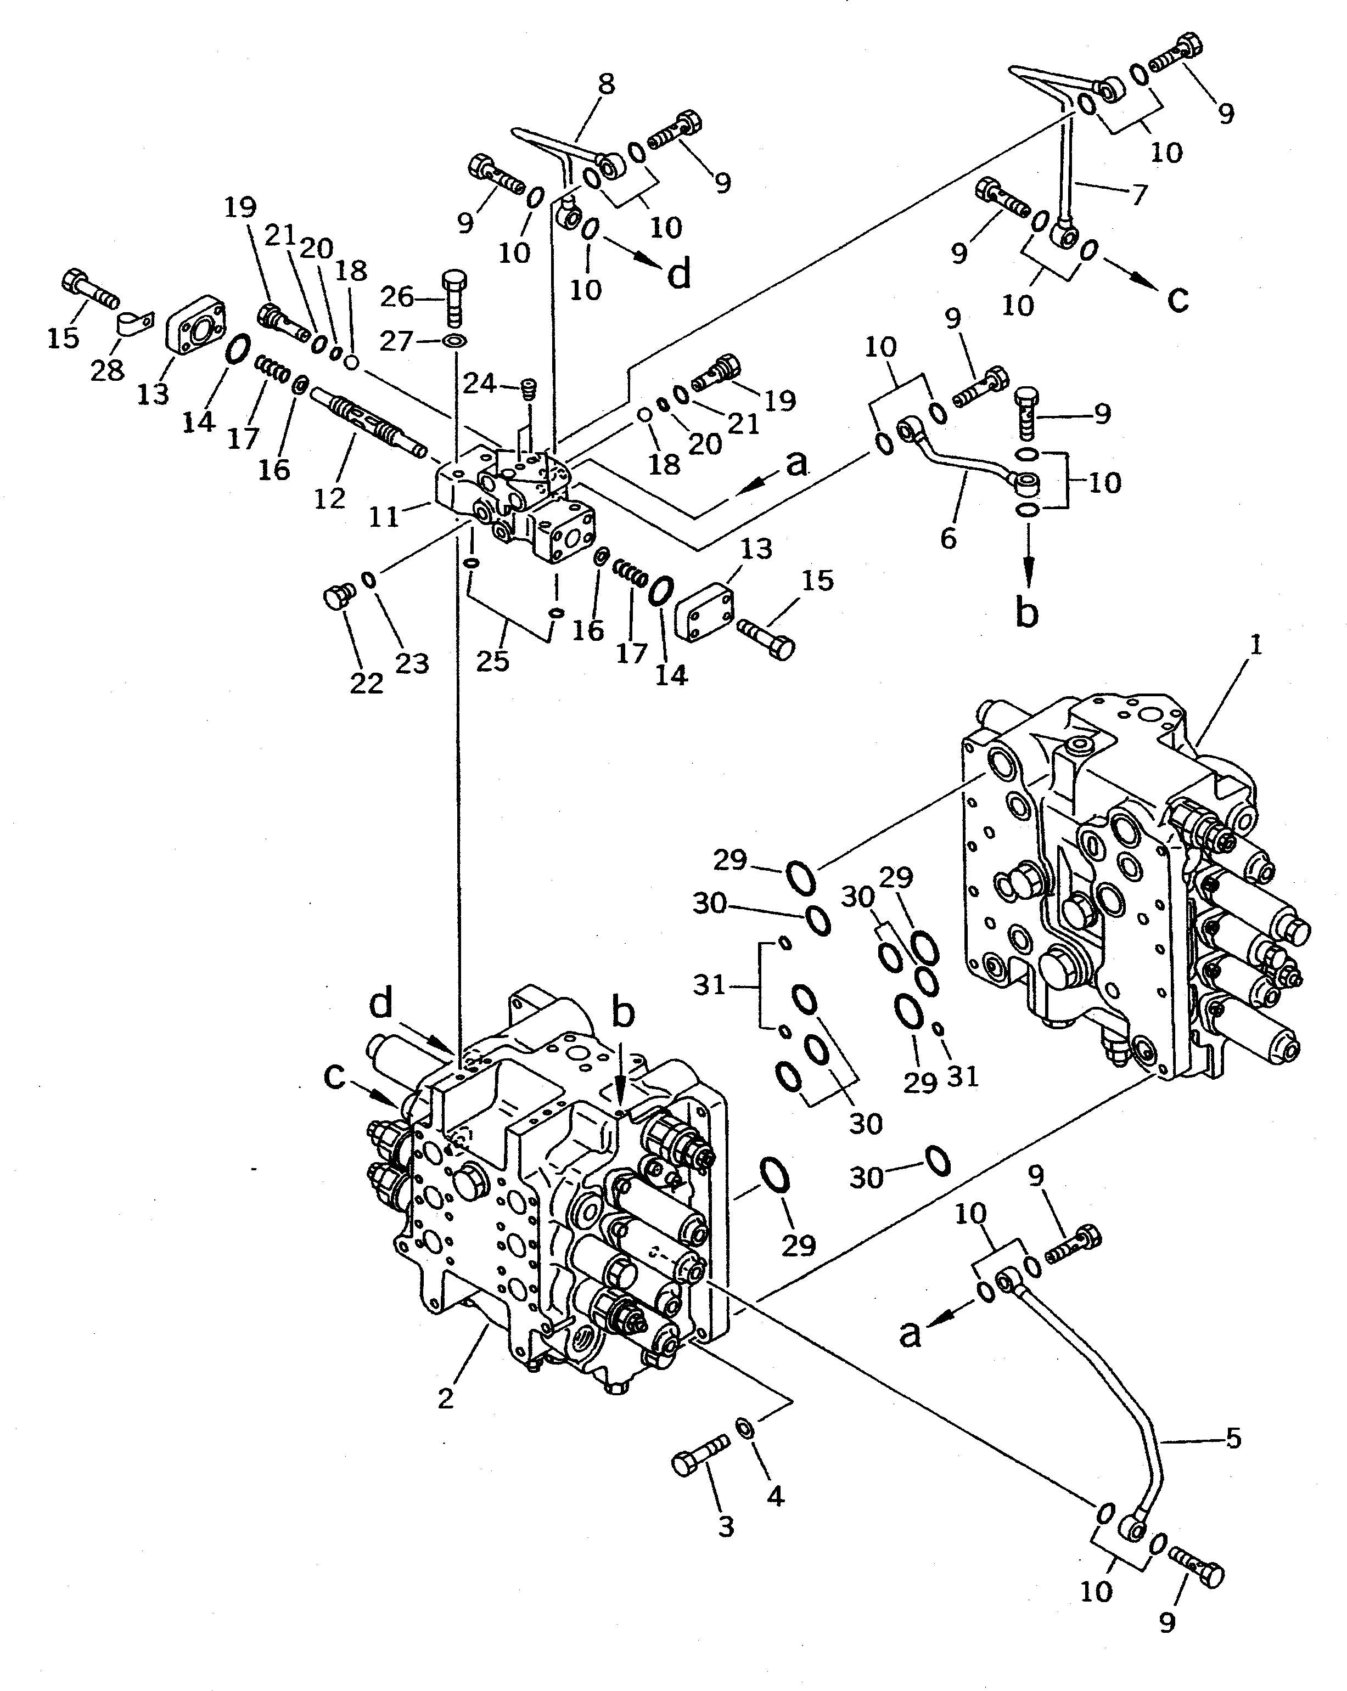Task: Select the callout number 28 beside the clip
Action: [x=108, y=369]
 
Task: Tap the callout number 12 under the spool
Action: [x=329, y=497]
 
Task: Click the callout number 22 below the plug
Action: [x=366, y=683]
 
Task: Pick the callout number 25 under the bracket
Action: [x=493, y=661]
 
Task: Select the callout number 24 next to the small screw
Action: [x=479, y=384]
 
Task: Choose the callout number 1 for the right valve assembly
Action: [x=1255, y=645]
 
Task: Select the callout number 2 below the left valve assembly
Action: [x=446, y=1397]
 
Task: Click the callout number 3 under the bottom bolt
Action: [x=726, y=1525]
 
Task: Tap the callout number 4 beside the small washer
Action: [x=775, y=1496]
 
